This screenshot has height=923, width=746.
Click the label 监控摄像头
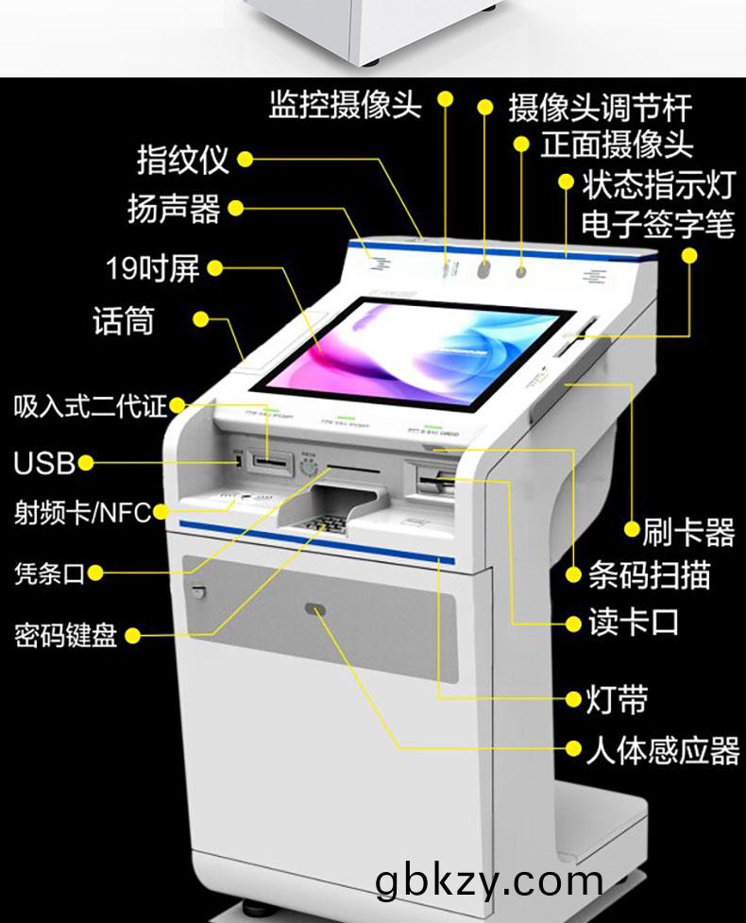click(345, 105)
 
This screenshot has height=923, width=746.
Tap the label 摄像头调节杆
click(600, 107)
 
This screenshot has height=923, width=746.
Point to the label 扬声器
click(174, 208)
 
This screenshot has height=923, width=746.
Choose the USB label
click(43, 463)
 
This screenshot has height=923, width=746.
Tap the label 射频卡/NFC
click(82, 513)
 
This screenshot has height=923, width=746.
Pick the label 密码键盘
click(65, 635)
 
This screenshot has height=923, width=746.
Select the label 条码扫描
click(649, 574)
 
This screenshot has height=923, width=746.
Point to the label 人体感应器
click(662, 750)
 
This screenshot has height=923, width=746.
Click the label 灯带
click(619, 700)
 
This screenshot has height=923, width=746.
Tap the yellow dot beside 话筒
click(200, 319)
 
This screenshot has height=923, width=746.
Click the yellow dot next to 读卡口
click(572, 624)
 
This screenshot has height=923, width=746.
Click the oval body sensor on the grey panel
click(316, 610)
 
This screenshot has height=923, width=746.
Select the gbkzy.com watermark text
click(488, 880)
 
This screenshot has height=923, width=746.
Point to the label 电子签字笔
click(657, 225)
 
